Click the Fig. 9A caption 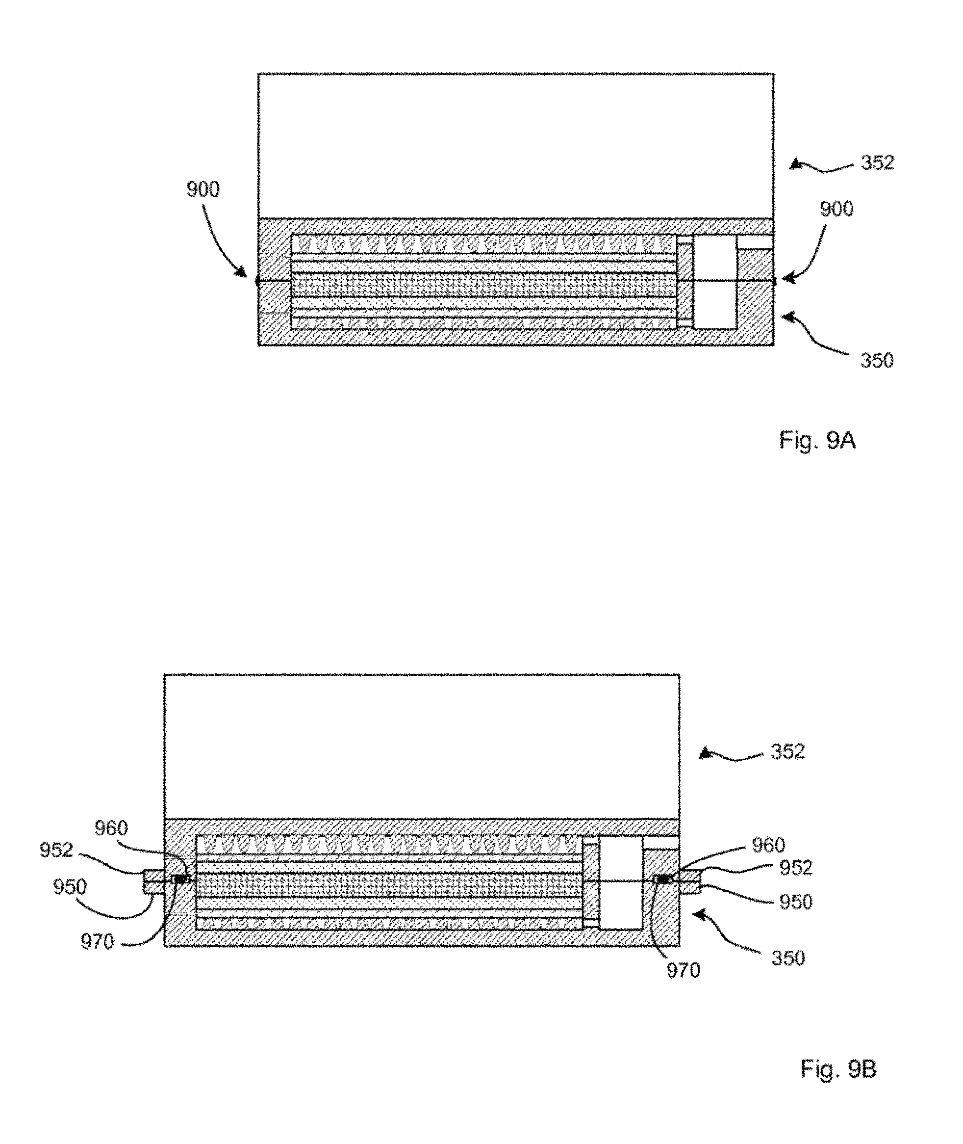coord(817,440)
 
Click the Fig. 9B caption coord(838,1068)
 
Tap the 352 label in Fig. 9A coord(877,163)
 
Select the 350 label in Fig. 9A coord(877,361)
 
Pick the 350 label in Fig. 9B coord(788,958)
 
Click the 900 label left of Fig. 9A coord(203,189)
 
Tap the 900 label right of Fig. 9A coord(837,209)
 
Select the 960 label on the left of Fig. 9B coord(111,828)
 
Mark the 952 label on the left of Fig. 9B coord(56,850)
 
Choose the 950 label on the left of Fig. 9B coord(70,887)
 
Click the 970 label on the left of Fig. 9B coord(97,942)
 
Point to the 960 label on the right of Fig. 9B coord(769,845)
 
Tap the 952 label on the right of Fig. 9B coord(796,868)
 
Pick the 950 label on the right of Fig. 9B coord(796,902)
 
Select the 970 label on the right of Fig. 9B coord(684,970)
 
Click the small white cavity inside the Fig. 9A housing coord(714,282)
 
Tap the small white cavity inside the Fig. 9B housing coord(621,883)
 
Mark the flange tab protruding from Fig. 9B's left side coord(153,882)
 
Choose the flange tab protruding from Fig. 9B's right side coord(690,882)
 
